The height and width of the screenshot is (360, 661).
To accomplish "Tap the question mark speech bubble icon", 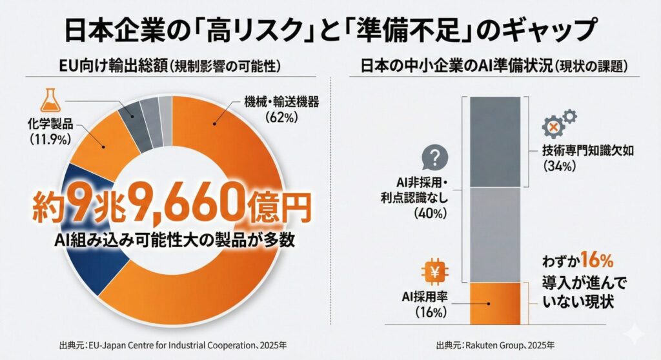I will [434, 157].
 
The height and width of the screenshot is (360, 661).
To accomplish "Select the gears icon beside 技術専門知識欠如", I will [559, 123].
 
